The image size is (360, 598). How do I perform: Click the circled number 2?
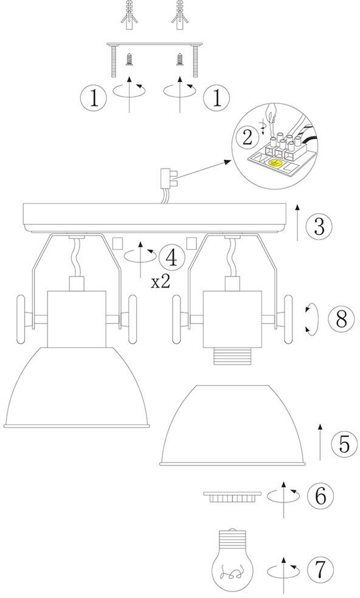[x=247, y=137]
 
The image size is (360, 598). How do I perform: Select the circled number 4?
[x=171, y=258]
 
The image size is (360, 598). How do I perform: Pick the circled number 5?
[x=344, y=444]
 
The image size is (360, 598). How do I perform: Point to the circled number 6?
[x=320, y=496]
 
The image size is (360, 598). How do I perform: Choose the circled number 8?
[x=342, y=318]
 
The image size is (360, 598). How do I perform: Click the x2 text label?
[x=161, y=283]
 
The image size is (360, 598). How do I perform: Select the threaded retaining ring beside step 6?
[x=233, y=497]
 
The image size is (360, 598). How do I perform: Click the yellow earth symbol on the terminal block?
[x=274, y=163]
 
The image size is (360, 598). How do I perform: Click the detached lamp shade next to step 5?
[x=233, y=425]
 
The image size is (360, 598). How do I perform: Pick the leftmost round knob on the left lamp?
[x=21, y=319]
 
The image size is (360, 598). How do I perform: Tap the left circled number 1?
[x=94, y=98]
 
